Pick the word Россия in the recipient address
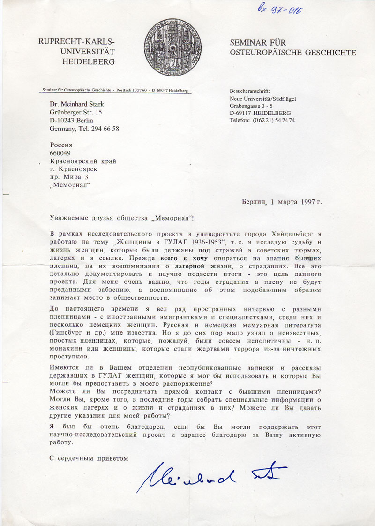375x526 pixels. (x=61, y=145)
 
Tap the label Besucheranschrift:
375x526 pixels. (x=250, y=91)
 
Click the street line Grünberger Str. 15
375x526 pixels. (x=76, y=113)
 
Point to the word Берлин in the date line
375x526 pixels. (x=254, y=202)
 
